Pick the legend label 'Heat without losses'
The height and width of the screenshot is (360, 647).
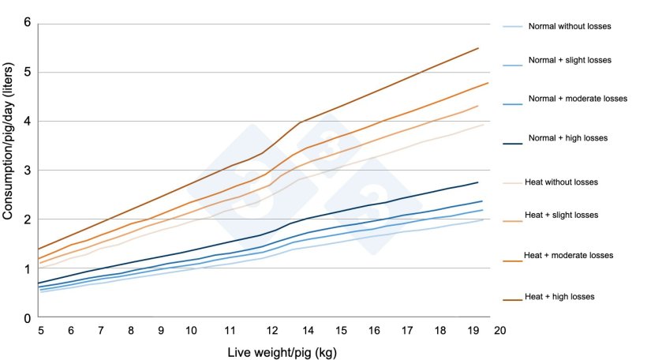pyautogui.click(x=561, y=182)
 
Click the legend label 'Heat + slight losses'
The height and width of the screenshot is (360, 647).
pyautogui.click(x=561, y=215)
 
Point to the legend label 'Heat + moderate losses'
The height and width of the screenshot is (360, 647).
pyautogui.click(x=568, y=255)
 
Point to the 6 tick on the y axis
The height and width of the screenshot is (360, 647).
pyautogui.click(x=27, y=23)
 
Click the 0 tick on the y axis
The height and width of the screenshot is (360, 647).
pyautogui.click(x=27, y=318)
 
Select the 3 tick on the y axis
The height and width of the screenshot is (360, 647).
pyautogui.click(x=27, y=171)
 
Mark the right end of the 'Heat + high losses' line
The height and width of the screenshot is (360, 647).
pyautogui.click(x=479, y=48)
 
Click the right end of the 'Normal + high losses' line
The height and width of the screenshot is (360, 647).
pyautogui.click(x=479, y=182)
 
